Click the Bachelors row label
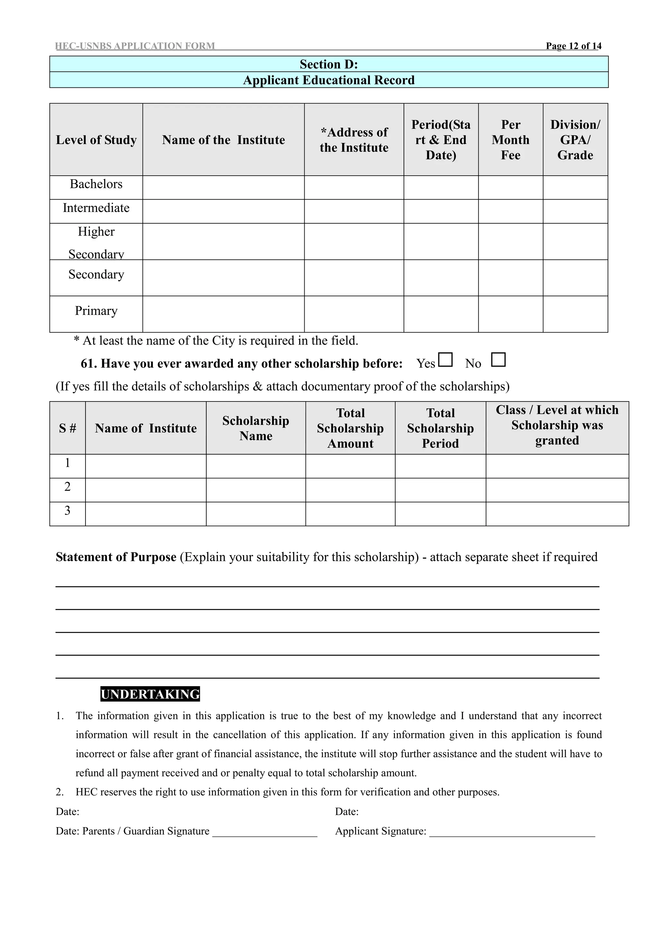tap(96, 184)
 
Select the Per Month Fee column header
tap(511, 140)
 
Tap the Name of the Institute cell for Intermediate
tap(223, 211)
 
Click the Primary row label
tap(96, 311)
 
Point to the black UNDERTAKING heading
tap(150, 694)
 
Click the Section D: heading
tap(329, 64)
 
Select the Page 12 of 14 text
tap(573, 46)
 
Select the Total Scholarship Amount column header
tap(350, 428)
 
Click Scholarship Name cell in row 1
tap(256, 466)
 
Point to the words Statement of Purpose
tap(116, 557)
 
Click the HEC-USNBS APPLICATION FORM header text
tap(135, 46)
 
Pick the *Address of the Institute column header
tap(354, 140)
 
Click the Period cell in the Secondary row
tap(441, 278)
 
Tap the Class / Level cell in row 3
tap(557, 514)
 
